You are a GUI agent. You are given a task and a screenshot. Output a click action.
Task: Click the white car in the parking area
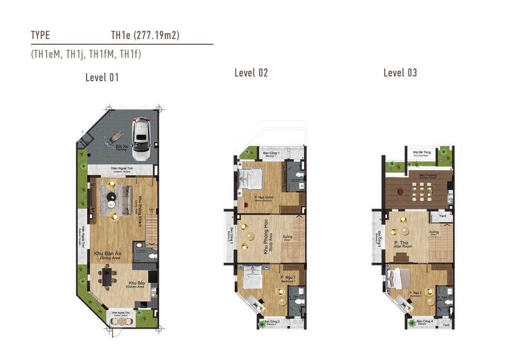(x=141, y=139)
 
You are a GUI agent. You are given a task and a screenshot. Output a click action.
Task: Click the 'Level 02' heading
(x=251, y=73)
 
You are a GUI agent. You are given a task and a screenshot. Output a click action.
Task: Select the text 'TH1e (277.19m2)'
(x=146, y=36)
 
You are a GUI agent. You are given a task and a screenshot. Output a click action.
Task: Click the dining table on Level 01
(x=107, y=277)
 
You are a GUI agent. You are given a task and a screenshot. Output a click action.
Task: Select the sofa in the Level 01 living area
(x=125, y=200)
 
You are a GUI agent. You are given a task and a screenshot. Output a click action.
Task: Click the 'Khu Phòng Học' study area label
(x=266, y=240)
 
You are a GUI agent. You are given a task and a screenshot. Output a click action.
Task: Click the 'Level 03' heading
(x=400, y=73)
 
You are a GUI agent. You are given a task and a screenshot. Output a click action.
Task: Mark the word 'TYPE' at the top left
(x=40, y=36)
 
